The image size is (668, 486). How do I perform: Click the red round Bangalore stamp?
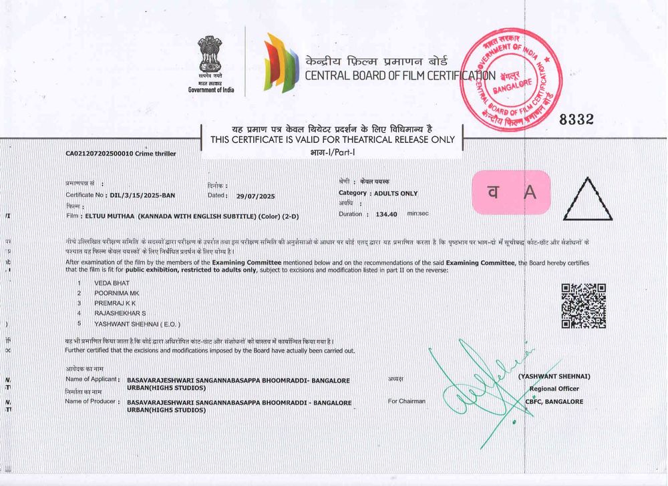(512, 78)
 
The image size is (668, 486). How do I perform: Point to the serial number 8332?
(576, 119)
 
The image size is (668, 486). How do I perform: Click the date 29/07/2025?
(255, 196)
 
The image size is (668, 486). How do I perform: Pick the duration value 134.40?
(387, 214)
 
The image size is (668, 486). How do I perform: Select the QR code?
(583, 306)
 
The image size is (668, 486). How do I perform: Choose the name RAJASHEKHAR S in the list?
(120, 312)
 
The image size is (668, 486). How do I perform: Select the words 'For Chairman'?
(406, 401)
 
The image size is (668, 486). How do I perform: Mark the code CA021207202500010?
(99, 154)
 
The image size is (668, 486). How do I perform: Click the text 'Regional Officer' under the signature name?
(554, 389)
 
